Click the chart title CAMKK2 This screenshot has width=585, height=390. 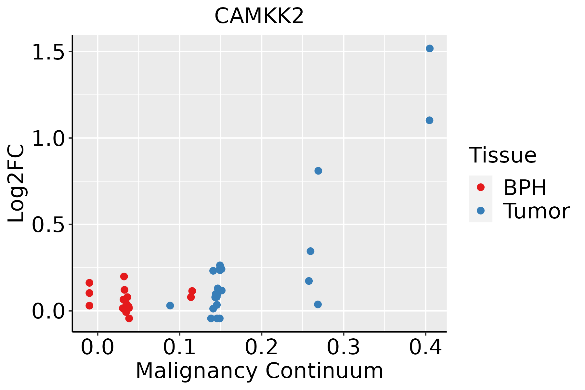pos(259,16)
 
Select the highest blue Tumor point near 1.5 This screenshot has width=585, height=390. pos(430,48)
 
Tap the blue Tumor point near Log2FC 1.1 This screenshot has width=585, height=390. pos(429,120)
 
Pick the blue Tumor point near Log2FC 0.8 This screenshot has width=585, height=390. pos(318,171)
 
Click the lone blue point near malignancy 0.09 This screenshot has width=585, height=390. pos(170,305)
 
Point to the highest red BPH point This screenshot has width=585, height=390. pos(124,276)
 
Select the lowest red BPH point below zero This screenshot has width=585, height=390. pos(129,318)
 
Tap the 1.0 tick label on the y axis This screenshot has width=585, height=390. pos(49,138)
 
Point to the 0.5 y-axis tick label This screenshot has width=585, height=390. pos(49,225)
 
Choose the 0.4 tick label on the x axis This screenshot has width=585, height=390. pos(425,347)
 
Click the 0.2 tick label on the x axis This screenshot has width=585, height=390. pos(261,347)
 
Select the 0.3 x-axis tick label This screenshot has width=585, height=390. pos(343,347)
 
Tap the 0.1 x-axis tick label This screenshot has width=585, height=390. pos(179,347)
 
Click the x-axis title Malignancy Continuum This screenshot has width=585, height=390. pos(259,371)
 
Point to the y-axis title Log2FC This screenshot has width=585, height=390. pos(16,183)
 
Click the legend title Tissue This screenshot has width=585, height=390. pos(503,155)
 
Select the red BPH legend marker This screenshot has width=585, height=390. pos(480,187)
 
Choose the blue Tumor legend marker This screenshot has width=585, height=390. pos(480,211)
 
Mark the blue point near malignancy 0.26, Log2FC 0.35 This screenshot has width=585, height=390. pos(310,251)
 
